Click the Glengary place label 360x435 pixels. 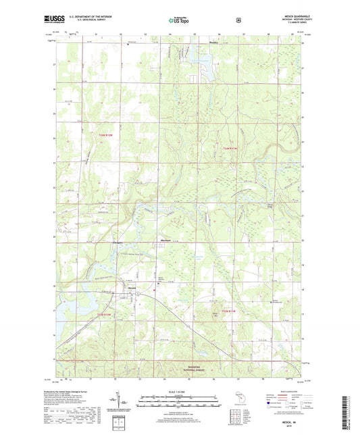(x=118, y=241)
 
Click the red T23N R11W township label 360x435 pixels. (x=222, y=310)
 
